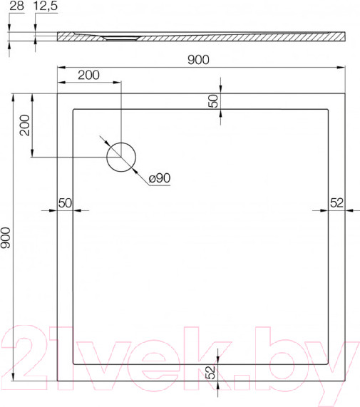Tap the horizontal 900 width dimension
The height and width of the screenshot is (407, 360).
tap(198, 60)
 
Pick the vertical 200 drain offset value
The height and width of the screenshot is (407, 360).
tap(24, 125)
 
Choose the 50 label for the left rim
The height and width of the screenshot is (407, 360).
tap(65, 203)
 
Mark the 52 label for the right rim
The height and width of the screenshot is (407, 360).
tap(337, 203)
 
